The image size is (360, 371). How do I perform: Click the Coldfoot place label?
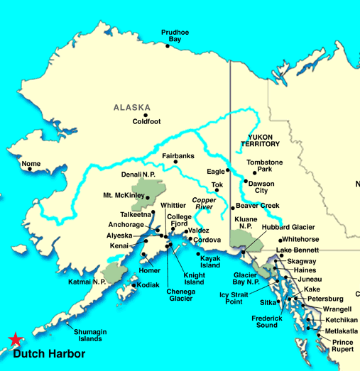pos(148,121)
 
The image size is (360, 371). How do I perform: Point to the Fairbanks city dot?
pos(175,162)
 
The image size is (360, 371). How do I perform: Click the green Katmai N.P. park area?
pos(113,272)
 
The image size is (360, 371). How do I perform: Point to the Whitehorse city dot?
pos(281,240)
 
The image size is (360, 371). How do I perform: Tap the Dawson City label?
pos(261,187)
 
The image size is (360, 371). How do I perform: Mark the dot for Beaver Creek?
pos(232,207)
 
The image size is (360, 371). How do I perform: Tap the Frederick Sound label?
pos(267,322)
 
